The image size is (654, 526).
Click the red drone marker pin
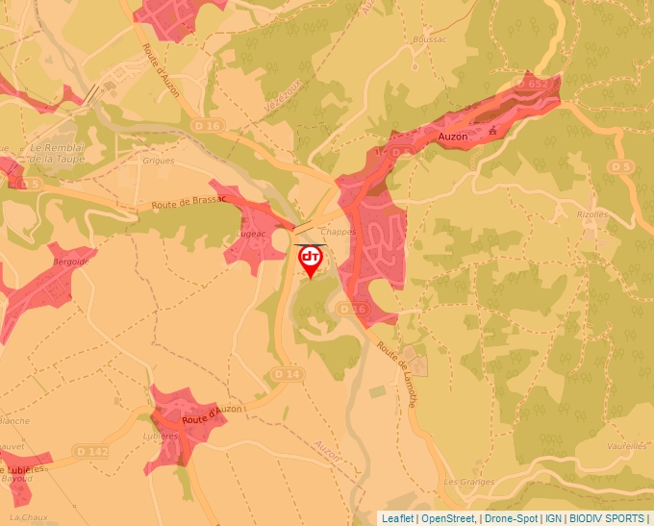pos(311,259)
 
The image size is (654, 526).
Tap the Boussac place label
pos(429,39)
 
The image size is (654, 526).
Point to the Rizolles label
pos(592,214)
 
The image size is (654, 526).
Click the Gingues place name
pos(159,161)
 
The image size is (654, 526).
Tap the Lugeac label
pos(251,234)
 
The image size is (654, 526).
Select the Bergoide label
pos(70,262)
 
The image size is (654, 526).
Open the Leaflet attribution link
pos(398,518)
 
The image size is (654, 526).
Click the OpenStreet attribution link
pos(447,518)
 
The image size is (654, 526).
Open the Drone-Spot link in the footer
pos(510,518)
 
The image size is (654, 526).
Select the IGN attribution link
pos(554,518)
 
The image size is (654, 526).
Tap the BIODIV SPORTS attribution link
pos(606,518)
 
